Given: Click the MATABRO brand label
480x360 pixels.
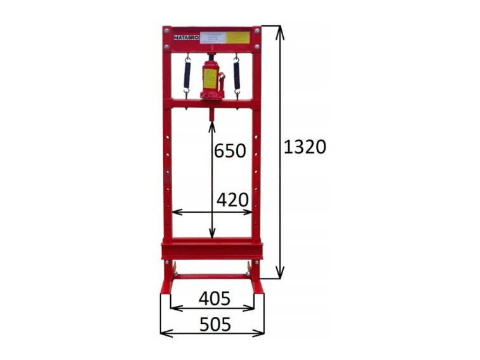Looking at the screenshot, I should [183, 37].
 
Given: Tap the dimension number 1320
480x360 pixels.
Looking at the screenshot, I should [305, 147].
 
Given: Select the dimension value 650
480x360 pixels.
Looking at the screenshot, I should [230, 151].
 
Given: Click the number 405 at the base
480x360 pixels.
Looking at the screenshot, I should [214, 298].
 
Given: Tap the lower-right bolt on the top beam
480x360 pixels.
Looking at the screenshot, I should [257, 47].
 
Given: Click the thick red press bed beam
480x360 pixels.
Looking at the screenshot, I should [212, 248].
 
